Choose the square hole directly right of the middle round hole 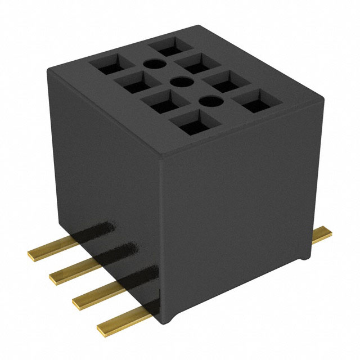(x=225, y=83)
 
